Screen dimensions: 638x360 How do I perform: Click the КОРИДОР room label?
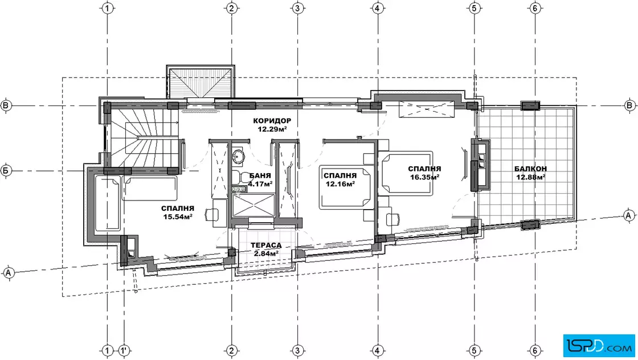(x=272, y=121)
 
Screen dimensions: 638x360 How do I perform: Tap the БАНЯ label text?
(x=260, y=176)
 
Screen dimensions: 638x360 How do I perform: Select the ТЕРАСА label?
(x=265, y=246)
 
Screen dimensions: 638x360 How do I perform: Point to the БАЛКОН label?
(x=530, y=169)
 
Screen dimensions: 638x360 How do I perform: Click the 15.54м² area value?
(x=177, y=217)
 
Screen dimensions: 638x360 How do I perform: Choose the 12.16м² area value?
(x=340, y=183)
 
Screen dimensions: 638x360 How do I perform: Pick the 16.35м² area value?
(x=424, y=177)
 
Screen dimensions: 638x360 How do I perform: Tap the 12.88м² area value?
(x=530, y=177)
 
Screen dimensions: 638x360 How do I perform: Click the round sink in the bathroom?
(x=239, y=156)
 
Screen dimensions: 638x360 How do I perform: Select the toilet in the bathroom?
(x=242, y=178)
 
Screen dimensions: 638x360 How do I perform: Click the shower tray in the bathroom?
(x=253, y=205)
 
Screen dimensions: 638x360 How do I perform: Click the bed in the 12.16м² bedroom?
(x=346, y=187)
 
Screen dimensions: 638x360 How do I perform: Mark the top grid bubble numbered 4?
(x=378, y=8)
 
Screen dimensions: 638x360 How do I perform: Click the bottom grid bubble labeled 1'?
(x=124, y=350)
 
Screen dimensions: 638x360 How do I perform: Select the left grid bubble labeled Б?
(x=6, y=170)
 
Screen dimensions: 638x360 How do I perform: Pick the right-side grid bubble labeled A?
(x=629, y=215)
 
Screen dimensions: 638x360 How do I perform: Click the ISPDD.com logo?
(x=599, y=346)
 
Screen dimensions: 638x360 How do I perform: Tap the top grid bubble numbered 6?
(x=535, y=8)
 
